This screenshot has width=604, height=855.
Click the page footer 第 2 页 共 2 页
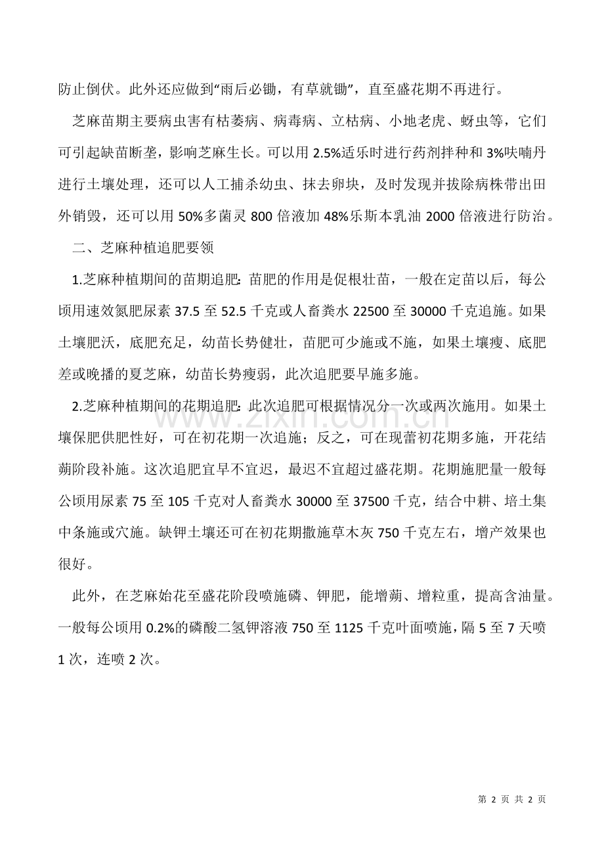point(512,799)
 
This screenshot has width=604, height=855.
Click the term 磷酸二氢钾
point(240,628)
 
